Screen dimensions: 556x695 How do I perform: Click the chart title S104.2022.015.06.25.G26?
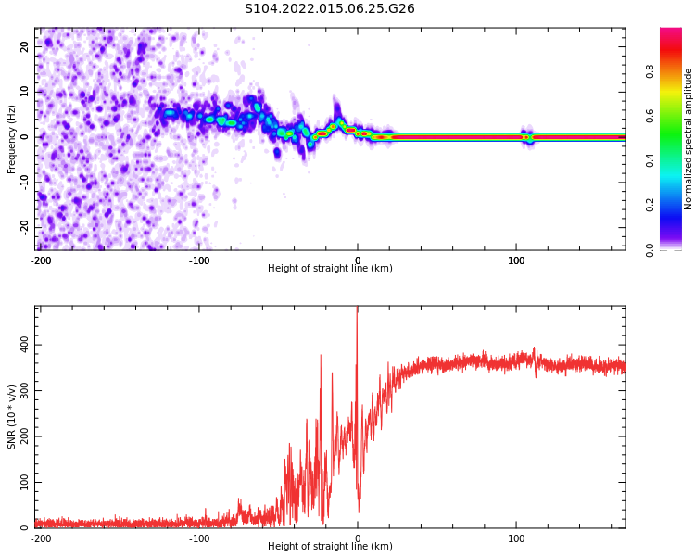point(329,8)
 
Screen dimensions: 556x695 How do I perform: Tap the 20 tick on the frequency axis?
point(25,46)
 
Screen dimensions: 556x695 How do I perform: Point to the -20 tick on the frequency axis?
point(23,227)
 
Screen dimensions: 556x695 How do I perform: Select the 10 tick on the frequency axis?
point(25,92)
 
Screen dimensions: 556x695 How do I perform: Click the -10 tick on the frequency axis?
point(23,182)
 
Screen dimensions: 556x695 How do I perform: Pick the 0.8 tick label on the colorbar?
point(676,72)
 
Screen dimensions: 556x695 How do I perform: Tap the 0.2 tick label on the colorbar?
point(676,206)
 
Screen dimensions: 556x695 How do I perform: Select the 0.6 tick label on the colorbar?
point(676,117)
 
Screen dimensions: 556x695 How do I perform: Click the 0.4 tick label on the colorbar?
point(676,161)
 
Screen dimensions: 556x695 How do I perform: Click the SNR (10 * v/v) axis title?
point(12,417)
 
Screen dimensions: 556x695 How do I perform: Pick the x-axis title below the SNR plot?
point(330,547)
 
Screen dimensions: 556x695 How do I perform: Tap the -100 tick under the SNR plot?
point(199,538)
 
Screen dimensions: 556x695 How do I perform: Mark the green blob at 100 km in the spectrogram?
point(526,137)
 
